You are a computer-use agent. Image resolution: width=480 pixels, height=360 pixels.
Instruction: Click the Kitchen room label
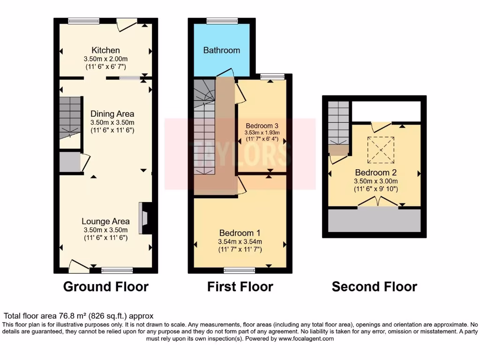[105, 50]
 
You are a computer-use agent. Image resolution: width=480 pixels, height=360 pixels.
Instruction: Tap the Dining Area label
[112, 114]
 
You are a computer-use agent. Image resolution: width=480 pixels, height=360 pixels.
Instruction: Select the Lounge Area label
[105, 222]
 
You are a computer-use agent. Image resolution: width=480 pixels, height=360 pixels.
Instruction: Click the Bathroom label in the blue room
[221, 50]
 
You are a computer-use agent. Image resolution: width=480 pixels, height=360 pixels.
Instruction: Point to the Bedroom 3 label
[262, 126]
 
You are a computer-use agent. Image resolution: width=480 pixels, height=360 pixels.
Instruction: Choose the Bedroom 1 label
[240, 233]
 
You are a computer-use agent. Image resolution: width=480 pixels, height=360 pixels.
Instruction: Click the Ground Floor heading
[105, 286]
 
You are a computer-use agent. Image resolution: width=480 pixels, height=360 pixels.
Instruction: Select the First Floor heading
[240, 286]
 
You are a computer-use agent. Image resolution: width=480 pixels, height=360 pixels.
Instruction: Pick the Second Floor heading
[374, 286]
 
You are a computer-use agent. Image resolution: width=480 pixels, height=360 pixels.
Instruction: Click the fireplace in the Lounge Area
[144, 218]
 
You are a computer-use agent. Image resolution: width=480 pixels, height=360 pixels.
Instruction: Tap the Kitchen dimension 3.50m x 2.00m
[105, 59]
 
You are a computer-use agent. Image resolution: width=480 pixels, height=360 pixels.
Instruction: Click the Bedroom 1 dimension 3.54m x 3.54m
[240, 242]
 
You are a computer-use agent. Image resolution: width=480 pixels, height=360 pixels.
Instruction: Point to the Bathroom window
[222, 20]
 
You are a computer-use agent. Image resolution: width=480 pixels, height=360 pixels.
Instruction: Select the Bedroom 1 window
[239, 270]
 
